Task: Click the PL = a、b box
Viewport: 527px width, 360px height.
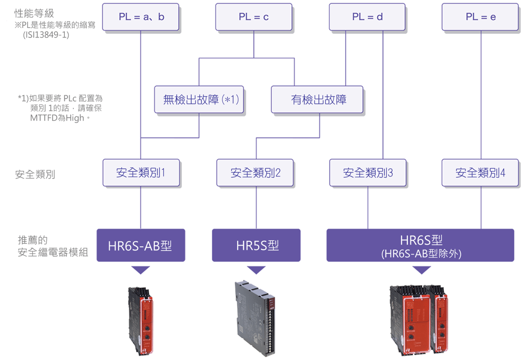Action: tap(141, 17)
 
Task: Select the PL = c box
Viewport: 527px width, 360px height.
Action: tap(253, 17)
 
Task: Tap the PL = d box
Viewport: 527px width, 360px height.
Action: tap(367, 17)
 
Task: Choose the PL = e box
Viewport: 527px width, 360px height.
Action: tap(481, 17)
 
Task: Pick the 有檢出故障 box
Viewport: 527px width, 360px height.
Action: tap(317, 100)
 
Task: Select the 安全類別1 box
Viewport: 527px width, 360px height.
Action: tap(141, 173)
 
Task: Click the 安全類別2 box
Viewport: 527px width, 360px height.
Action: tap(255, 173)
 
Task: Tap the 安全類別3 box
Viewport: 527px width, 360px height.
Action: tap(368, 173)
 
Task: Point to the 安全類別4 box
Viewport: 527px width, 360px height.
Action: tap(481, 173)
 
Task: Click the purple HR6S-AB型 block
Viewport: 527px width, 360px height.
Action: tap(141, 245)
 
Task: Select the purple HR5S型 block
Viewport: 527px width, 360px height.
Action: tap(256, 245)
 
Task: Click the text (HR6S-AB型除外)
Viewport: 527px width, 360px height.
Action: tap(421, 254)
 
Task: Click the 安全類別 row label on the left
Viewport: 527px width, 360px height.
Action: tap(35, 174)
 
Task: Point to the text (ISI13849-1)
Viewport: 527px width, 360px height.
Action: tap(46, 35)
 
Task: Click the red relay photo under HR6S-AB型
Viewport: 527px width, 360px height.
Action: tap(141, 319)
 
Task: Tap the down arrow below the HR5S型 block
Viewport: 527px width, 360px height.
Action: tap(256, 270)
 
